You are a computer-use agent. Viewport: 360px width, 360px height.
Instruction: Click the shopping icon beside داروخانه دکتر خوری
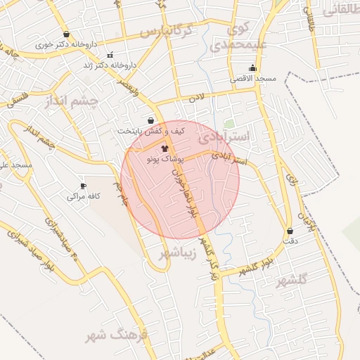coord(66,34)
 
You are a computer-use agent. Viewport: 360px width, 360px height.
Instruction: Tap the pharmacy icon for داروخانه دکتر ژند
coord(109,55)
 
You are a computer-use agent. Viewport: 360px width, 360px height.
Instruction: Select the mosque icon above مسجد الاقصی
coord(252,68)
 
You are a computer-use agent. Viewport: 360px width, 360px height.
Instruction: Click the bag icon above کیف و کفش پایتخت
coord(150,120)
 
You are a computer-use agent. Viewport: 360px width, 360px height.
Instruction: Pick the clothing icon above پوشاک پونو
coord(165,149)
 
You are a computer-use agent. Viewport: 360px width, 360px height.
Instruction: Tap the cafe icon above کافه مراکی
coord(84,186)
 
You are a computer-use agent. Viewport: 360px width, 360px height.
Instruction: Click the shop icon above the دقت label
coord(290,231)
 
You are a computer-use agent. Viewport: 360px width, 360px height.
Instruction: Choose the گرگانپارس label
coord(166,32)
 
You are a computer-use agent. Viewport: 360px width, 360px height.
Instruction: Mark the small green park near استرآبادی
coord(229,124)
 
